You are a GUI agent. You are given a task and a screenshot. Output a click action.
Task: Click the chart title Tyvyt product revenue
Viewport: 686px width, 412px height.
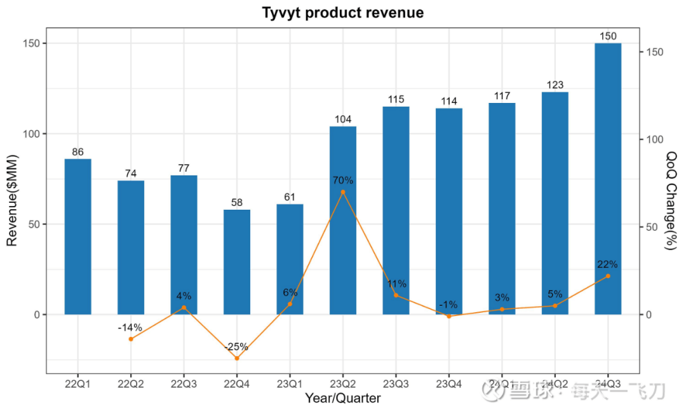pyautogui.click(x=343, y=13)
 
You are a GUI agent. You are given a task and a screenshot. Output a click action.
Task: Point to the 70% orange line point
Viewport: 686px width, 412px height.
pyautogui.click(x=343, y=192)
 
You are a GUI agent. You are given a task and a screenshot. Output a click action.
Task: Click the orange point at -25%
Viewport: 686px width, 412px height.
pyautogui.click(x=237, y=358)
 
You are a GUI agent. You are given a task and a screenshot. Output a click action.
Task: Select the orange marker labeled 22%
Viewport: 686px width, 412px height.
pyautogui.click(x=608, y=276)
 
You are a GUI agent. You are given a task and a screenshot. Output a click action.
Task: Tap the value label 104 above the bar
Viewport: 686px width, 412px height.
pyautogui.click(x=343, y=120)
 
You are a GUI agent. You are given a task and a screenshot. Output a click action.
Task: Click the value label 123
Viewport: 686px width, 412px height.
pyautogui.click(x=555, y=85)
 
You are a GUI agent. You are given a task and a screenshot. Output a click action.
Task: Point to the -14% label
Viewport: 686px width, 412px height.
pyautogui.click(x=130, y=328)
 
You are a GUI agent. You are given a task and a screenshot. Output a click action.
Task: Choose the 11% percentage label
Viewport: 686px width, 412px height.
pyautogui.click(x=397, y=284)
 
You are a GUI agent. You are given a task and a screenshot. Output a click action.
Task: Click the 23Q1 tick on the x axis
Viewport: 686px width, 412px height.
pyautogui.click(x=290, y=385)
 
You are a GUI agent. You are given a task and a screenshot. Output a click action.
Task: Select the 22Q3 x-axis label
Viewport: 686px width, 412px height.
pyautogui.click(x=184, y=385)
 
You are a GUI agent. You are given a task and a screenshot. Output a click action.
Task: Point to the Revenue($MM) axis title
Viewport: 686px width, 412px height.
pyautogui.click(x=12, y=200)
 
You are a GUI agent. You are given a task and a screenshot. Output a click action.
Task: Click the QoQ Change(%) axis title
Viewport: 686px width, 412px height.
pyautogui.click(x=671, y=200)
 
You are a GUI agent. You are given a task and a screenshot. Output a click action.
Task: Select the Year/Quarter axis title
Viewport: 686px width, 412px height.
pyautogui.click(x=343, y=399)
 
